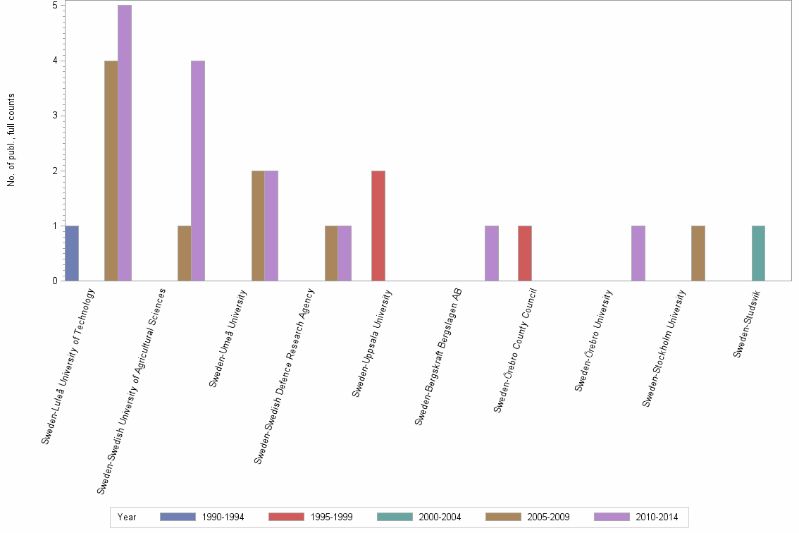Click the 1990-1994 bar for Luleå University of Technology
[x=71, y=253]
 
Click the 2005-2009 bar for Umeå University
[x=258, y=226]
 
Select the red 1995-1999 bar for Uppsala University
[x=378, y=226]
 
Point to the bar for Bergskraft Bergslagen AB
[x=492, y=253]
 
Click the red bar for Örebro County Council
[x=525, y=253]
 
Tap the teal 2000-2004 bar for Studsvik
[x=758, y=253]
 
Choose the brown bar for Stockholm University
[x=698, y=253]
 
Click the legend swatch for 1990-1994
[x=178, y=517]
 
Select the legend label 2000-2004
[x=440, y=517]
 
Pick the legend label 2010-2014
[x=657, y=517]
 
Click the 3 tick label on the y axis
[x=55, y=116]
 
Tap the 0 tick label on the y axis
[x=55, y=281]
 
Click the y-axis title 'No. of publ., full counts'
[x=12, y=140]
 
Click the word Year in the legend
[x=128, y=517]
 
